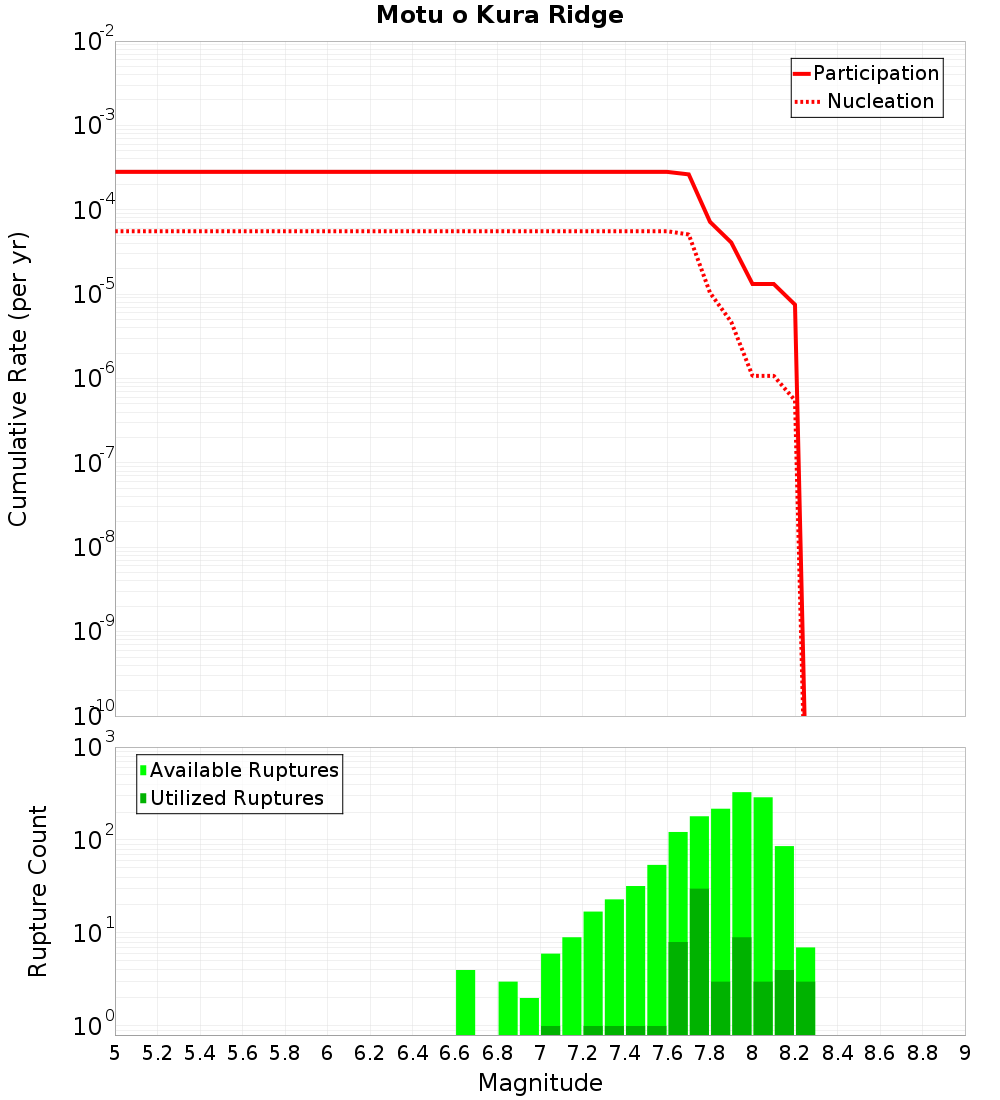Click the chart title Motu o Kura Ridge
pos(499,16)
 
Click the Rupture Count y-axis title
pos(38,890)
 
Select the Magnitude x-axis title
pos(540,1083)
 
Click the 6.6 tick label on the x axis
pos(455,1053)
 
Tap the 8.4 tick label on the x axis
pos(838,1053)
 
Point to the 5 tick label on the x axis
pos(115,1053)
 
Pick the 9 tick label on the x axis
pos(965,1053)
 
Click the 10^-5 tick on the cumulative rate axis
pos(94,294)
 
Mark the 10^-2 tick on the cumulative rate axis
pos(94,42)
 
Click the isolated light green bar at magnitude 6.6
pos(465,1002)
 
